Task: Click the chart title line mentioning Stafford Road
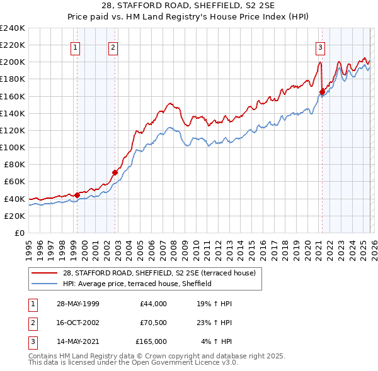pos(189,6)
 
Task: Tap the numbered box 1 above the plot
pos(76,47)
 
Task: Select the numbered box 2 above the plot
pos(112,47)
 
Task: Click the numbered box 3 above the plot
pos(320,47)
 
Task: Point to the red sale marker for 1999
pos(77,195)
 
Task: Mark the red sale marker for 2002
pos(115,172)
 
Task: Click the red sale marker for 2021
pos(322,92)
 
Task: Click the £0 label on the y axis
pos(19,233)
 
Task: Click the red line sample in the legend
pos(45,274)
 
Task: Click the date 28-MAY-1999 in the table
pos(77,304)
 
